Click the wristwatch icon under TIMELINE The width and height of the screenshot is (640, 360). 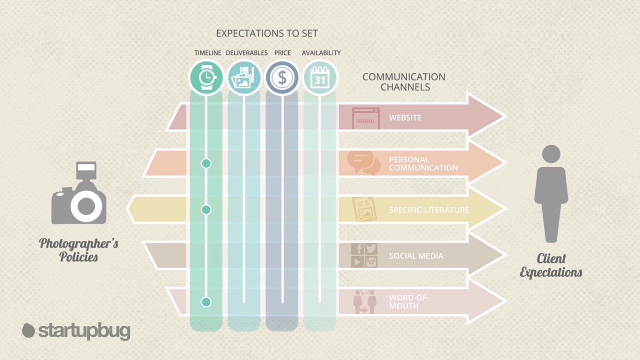coord(206,77)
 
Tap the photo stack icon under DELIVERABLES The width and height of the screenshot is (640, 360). coord(243,77)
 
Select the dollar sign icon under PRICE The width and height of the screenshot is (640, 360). coord(282,77)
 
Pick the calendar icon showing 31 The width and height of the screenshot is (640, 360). coord(319,77)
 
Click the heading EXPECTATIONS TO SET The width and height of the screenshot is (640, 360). coord(267,33)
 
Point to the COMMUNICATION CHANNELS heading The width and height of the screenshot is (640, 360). coord(404,81)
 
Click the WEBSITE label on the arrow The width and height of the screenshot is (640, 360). coord(405,117)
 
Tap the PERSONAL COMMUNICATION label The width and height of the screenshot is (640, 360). coord(423,163)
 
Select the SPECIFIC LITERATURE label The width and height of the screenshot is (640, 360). coord(429,210)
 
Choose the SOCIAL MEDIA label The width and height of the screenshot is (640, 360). coord(416,256)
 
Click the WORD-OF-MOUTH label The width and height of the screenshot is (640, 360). coord(409,301)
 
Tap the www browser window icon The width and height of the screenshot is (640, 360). coord(366,118)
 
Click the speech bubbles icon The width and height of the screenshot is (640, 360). coord(363,163)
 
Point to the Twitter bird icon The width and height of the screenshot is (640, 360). coord(371,248)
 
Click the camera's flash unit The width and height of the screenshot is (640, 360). coord(86,170)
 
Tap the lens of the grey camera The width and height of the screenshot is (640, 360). coord(86,206)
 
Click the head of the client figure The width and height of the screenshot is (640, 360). coord(551,154)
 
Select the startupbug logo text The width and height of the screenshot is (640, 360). coord(84,331)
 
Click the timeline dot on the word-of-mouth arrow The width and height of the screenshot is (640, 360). coord(206,302)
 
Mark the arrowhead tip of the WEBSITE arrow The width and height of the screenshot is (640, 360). coord(506,116)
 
